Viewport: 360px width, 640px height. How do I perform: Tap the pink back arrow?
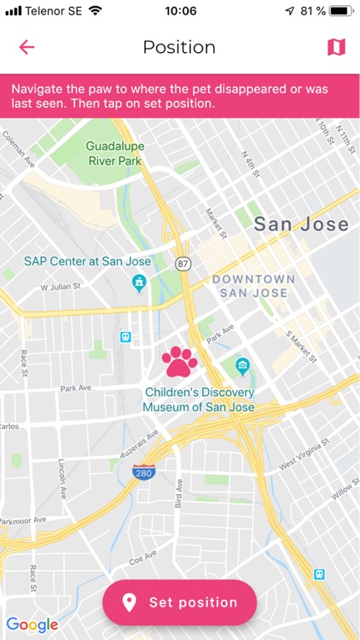click(27, 47)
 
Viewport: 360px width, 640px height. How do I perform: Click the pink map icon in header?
click(336, 47)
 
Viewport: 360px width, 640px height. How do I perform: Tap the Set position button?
click(179, 602)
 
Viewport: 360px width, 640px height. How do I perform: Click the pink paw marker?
click(179, 362)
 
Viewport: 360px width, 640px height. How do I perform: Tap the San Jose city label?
click(301, 224)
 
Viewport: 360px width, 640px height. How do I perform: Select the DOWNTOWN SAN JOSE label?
click(253, 286)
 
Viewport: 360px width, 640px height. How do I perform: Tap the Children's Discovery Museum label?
click(198, 400)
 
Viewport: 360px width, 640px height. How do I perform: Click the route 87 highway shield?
click(183, 265)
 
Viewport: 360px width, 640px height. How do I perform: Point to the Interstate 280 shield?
click(143, 472)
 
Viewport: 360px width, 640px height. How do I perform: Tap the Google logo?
click(32, 624)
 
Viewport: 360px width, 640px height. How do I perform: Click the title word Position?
click(179, 47)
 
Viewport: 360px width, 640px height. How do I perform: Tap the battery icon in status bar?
click(340, 11)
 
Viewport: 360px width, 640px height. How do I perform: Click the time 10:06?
click(180, 11)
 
